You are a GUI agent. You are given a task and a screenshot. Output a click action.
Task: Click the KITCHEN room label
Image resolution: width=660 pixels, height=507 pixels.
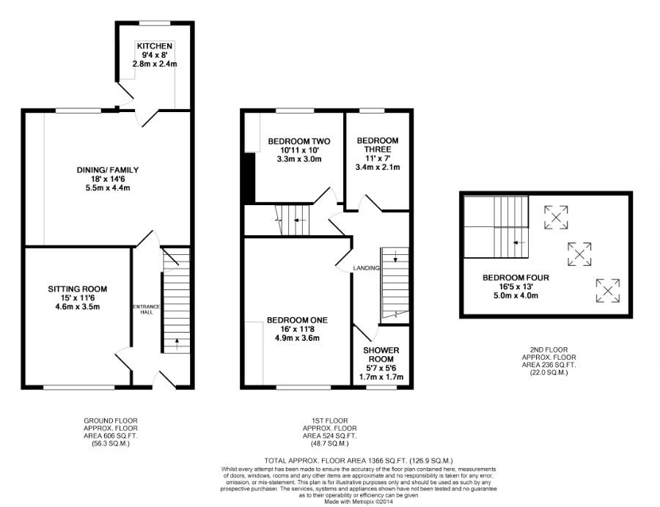click(x=155, y=46)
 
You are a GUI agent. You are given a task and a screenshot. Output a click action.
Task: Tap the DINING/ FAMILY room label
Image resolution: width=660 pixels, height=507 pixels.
click(x=108, y=170)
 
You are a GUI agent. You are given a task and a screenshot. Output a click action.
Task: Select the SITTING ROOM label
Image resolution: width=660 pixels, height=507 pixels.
click(x=78, y=289)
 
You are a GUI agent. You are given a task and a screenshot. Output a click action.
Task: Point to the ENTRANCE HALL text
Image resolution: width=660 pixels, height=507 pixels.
click(x=147, y=309)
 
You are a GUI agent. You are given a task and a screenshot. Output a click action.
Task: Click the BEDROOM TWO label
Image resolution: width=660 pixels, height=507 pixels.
click(x=299, y=141)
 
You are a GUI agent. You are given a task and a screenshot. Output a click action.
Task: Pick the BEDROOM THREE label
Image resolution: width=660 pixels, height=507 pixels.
click(x=378, y=145)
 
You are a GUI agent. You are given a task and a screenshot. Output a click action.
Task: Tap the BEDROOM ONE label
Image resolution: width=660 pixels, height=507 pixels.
click(x=297, y=320)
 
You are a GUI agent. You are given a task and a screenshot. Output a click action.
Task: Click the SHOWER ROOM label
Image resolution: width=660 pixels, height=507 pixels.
click(x=381, y=355)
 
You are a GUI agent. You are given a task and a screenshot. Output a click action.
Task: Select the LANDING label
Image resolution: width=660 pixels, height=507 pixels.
click(x=366, y=268)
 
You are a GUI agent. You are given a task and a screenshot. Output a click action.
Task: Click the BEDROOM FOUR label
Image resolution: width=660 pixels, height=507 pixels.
click(x=516, y=278)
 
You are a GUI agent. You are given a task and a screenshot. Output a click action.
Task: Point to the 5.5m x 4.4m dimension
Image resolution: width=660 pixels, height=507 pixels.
click(x=108, y=188)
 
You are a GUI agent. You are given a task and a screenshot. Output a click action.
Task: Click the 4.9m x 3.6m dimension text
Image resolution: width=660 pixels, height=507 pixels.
click(x=297, y=338)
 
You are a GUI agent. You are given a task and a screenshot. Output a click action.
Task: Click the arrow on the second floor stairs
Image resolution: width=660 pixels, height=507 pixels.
click(x=519, y=243)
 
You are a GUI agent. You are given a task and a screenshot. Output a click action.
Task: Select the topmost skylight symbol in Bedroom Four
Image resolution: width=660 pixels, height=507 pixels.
click(x=556, y=218)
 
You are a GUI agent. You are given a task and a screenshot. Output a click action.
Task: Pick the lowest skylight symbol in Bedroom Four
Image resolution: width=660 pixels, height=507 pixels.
click(x=608, y=290)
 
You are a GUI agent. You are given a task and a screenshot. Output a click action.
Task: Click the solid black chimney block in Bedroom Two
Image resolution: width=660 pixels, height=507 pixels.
click(x=249, y=178)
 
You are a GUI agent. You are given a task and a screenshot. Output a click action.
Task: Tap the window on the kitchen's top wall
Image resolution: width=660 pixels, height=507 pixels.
click(x=155, y=23)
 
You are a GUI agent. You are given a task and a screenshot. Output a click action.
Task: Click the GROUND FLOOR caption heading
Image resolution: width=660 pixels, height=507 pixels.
click(x=111, y=421)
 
